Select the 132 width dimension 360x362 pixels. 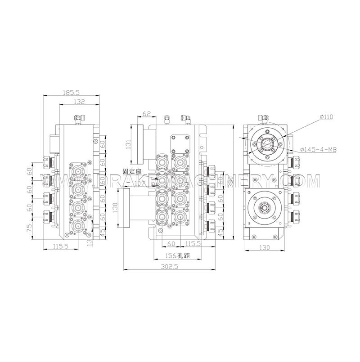click(x=79, y=102)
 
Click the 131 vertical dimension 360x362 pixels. click(x=128, y=144)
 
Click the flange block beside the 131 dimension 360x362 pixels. click(x=139, y=144)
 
